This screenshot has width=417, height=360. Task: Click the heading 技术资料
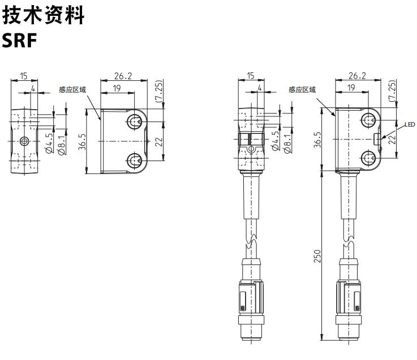[44, 15]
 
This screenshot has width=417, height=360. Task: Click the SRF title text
[20, 41]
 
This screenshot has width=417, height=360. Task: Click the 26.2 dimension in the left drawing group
[123, 75]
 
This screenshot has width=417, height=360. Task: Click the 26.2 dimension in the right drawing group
[357, 75]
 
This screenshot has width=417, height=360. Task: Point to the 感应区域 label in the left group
[72, 89]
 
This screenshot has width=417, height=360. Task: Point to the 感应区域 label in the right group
[302, 89]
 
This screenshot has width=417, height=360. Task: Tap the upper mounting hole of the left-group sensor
[135, 122]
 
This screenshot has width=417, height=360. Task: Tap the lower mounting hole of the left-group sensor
[135, 161]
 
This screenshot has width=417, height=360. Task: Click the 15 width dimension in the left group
[24, 75]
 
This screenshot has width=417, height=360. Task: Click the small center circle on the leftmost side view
[24, 140]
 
